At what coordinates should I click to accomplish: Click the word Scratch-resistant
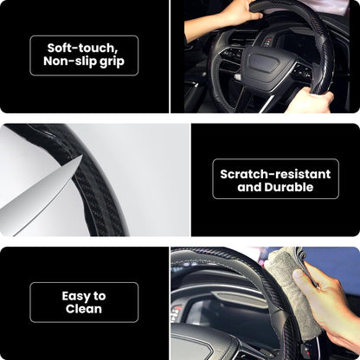tap(274, 173)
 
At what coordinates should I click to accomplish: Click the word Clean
tap(83, 309)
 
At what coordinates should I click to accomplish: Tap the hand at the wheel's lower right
tap(312, 100)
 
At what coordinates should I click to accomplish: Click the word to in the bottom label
tap(100, 295)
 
